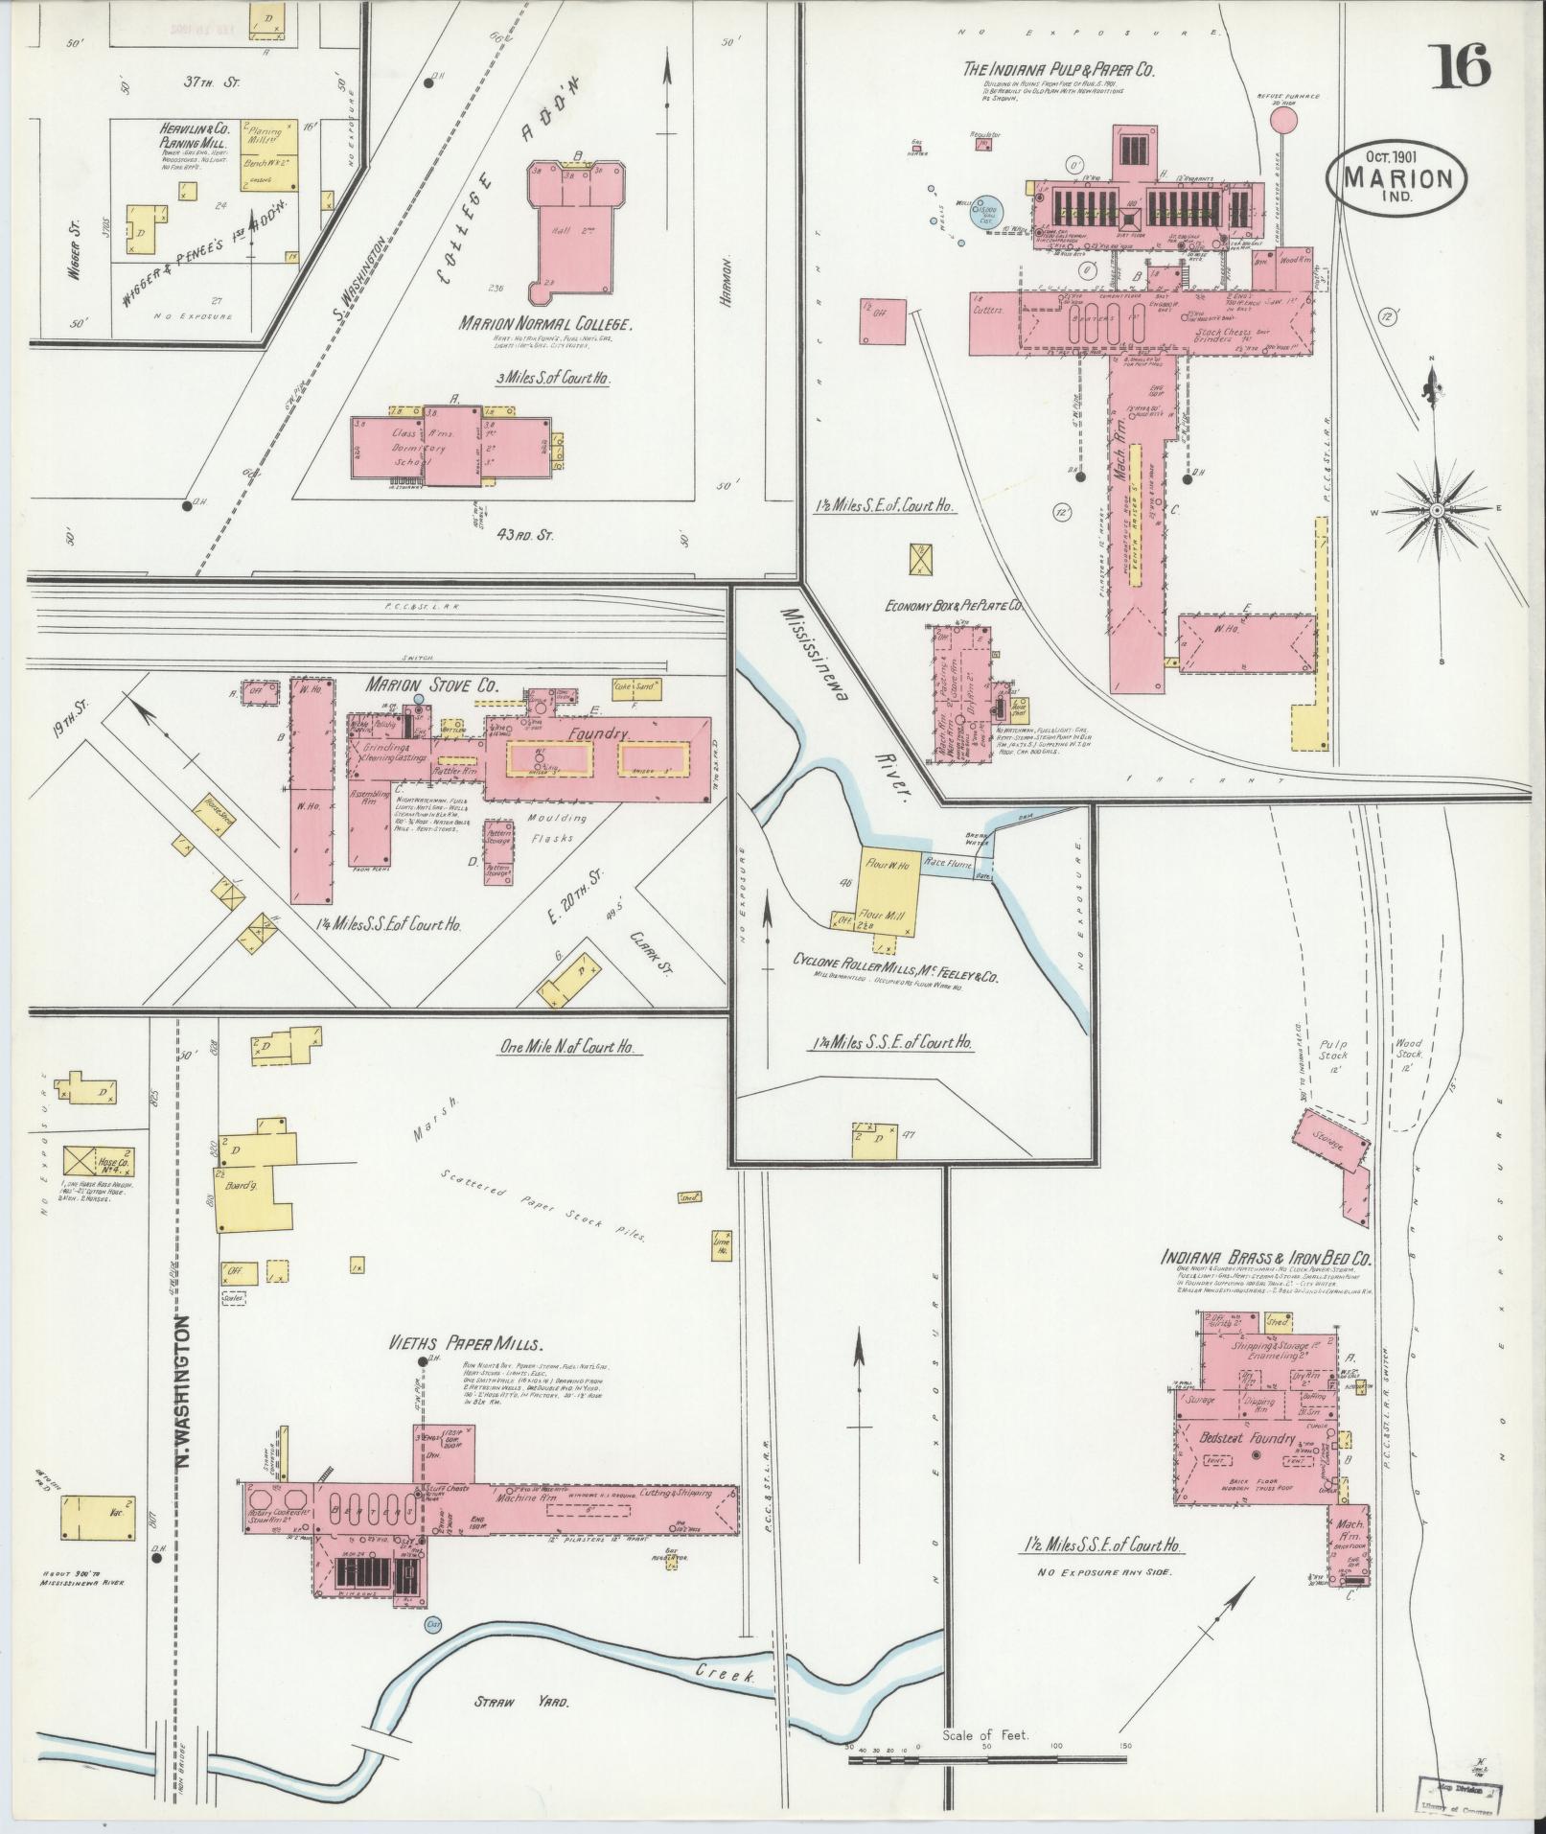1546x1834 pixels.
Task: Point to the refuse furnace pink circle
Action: tap(1282, 120)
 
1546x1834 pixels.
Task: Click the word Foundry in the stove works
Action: tap(597, 733)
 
